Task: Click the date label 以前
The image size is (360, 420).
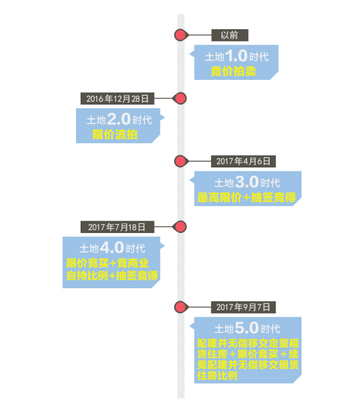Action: point(229,35)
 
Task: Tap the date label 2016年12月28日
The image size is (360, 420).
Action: point(118,99)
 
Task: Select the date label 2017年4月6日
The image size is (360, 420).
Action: point(243,162)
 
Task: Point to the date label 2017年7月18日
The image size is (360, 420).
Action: point(117,227)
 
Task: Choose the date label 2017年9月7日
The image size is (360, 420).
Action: point(243,307)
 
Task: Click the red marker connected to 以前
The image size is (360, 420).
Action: point(181,35)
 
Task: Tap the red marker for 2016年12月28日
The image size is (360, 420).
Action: point(180,99)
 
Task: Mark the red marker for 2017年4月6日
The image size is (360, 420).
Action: point(181,162)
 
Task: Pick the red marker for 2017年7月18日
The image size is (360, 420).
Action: point(180,227)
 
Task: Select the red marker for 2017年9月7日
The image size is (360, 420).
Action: point(181,307)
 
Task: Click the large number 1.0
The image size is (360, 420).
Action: point(236,56)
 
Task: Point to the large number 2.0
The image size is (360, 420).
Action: point(119,119)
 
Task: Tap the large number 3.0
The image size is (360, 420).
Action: point(247,182)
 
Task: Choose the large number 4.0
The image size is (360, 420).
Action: point(112,247)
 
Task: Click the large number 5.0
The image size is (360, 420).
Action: point(247,328)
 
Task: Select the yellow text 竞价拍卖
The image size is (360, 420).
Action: point(233,71)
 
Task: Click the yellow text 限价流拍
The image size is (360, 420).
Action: point(115,135)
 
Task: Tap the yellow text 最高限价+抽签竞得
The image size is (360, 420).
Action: point(247,198)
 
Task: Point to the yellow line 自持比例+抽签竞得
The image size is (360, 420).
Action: point(112,276)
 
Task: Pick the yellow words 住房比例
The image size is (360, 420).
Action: point(218,376)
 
